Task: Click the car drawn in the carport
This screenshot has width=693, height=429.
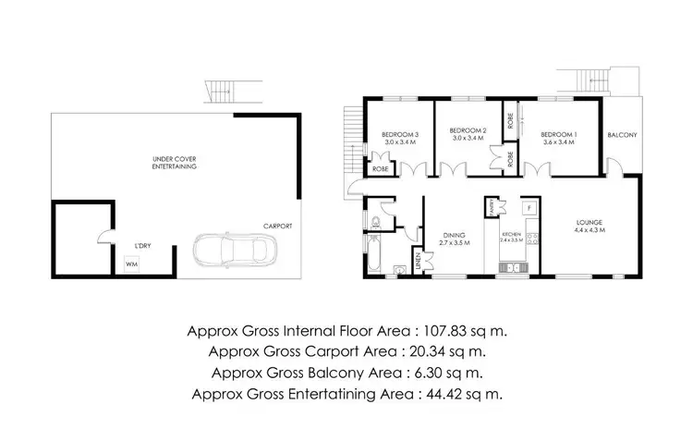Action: click(x=234, y=251)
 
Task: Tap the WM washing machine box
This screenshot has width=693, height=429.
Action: click(x=130, y=264)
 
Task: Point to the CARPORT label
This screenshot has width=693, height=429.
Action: click(x=277, y=225)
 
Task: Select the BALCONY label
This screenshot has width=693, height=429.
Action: click(x=622, y=135)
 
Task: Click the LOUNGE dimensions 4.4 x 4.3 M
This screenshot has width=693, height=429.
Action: click(x=589, y=229)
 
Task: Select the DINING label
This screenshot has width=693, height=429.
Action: click(x=454, y=234)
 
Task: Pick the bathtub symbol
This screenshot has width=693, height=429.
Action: click(x=372, y=252)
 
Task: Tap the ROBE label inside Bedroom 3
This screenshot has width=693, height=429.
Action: click(x=379, y=169)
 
